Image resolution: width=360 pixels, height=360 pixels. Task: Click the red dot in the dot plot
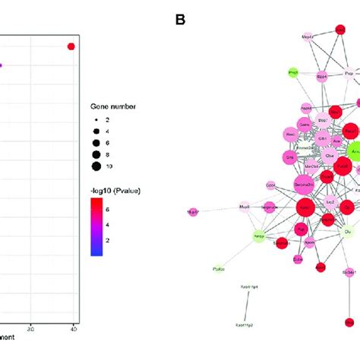coord(71,47)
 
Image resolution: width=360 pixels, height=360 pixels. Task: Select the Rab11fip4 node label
coord(249,287)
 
